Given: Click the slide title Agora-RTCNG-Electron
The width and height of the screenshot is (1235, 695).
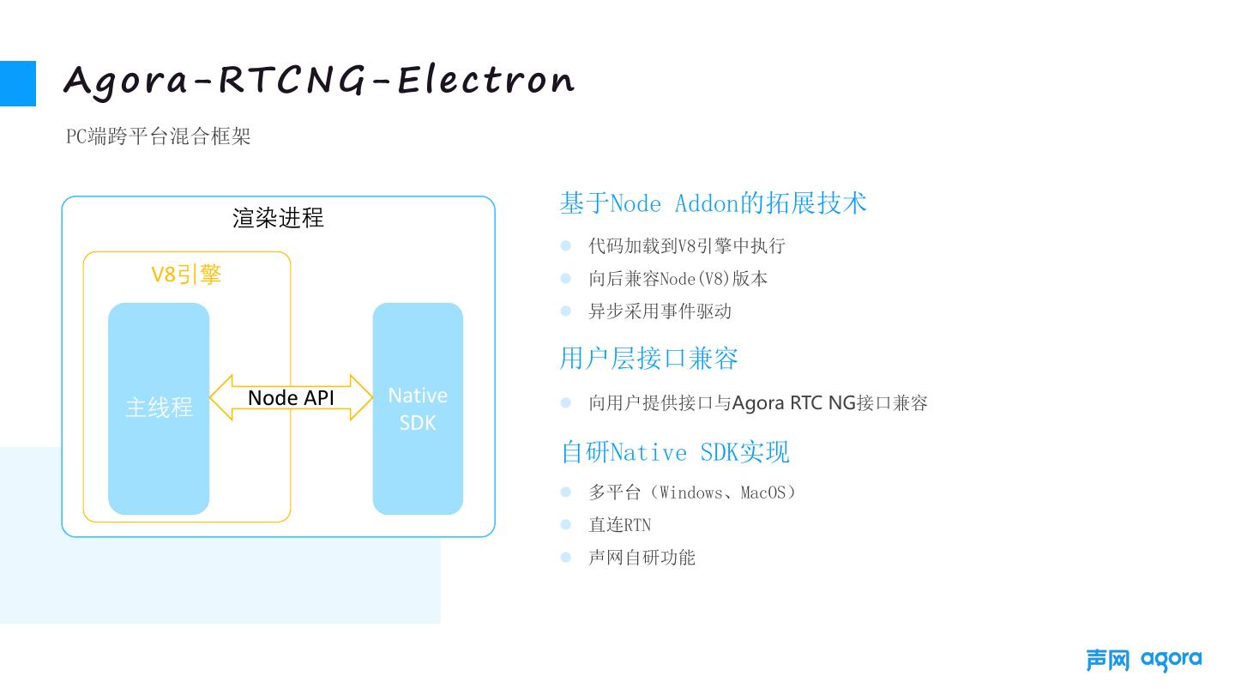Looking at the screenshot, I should click(318, 82).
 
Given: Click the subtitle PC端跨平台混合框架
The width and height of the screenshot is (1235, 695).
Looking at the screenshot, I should click(159, 136).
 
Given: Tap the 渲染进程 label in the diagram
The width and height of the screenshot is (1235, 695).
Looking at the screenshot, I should click(278, 218).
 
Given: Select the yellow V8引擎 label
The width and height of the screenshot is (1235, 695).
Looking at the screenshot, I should click(186, 275).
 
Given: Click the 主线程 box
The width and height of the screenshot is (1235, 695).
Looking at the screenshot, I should click(159, 408).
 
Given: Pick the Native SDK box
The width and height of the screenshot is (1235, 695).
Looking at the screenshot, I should click(418, 408).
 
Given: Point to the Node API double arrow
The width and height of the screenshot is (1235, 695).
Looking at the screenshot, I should click(292, 397).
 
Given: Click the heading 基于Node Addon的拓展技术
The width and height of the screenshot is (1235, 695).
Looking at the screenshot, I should click(713, 203).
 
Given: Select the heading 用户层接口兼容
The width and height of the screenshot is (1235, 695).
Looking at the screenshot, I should click(648, 358).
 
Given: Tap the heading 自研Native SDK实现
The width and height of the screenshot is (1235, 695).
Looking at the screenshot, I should click(675, 452).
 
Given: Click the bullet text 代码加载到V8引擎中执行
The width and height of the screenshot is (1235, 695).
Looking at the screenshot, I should click(686, 246).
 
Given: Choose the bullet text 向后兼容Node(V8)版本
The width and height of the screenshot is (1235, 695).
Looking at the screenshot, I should click(678, 279).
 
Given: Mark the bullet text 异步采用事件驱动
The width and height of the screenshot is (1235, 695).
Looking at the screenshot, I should click(660, 311).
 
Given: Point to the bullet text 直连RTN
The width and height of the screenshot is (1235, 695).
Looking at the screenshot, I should click(619, 525).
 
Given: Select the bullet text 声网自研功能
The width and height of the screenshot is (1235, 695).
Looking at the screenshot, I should click(642, 558).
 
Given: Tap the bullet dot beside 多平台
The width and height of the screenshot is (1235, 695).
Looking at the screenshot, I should click(566, 493).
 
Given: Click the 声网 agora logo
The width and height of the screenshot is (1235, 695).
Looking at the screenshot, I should click(1143, 660).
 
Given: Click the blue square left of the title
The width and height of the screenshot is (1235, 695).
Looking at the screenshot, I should click(18, 83).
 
